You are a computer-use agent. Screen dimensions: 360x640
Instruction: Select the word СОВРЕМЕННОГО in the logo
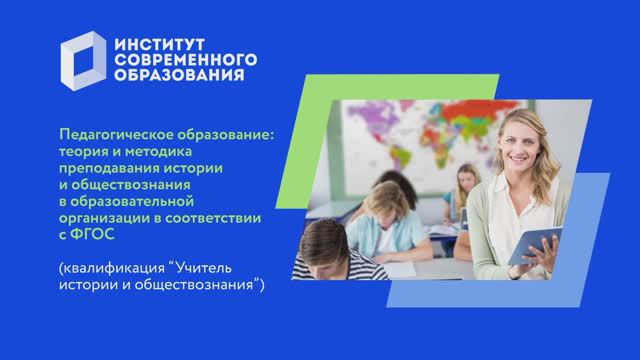click(186, 61)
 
